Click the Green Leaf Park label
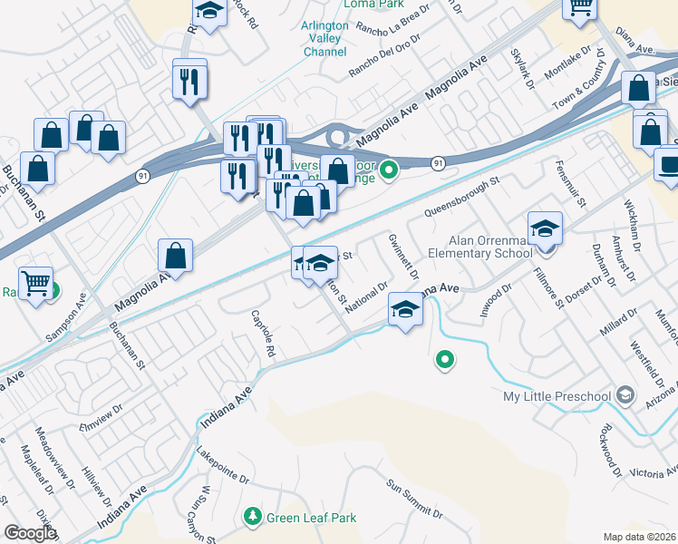coord(311,518)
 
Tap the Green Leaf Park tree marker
coord(253,517)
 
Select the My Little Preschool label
coord(557,396)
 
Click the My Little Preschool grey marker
coord(624,395)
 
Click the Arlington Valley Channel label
coord(324,39)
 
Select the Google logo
coord(30,533)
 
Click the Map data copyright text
coord(641,537)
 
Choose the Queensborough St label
coord(461,198)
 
